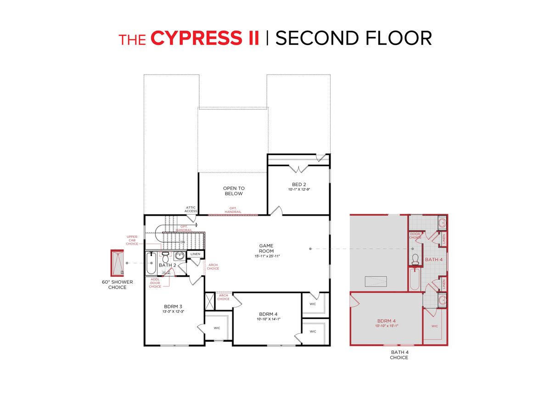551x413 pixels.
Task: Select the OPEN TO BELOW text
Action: click(x=234, y=191)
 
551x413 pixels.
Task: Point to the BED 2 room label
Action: click(x=299, y=184)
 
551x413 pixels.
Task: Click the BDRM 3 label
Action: click(x=174, y=306)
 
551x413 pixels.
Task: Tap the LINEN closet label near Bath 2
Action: click(x=195, y=254)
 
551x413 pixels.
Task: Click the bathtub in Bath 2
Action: click(x=152, y=263)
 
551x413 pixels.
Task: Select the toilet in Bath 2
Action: click(x=166, y=257)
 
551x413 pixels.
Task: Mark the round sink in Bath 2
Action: click(x=179, y=256)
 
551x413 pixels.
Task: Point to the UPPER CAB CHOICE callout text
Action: click(x=132, y=240)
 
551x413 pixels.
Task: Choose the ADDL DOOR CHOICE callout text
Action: click(x=155, y=283)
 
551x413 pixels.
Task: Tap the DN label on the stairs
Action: click(x=182, y=242)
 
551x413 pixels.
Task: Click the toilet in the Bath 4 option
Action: click(x=416, y=260)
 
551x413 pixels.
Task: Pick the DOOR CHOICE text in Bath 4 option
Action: click(x=415, y=235)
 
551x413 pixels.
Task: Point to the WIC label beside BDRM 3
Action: click(x=217, y=328)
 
